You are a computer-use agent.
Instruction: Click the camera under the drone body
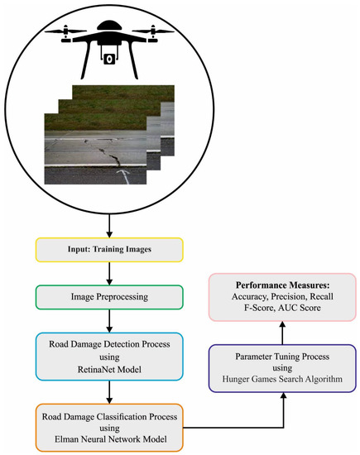point(107,59)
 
